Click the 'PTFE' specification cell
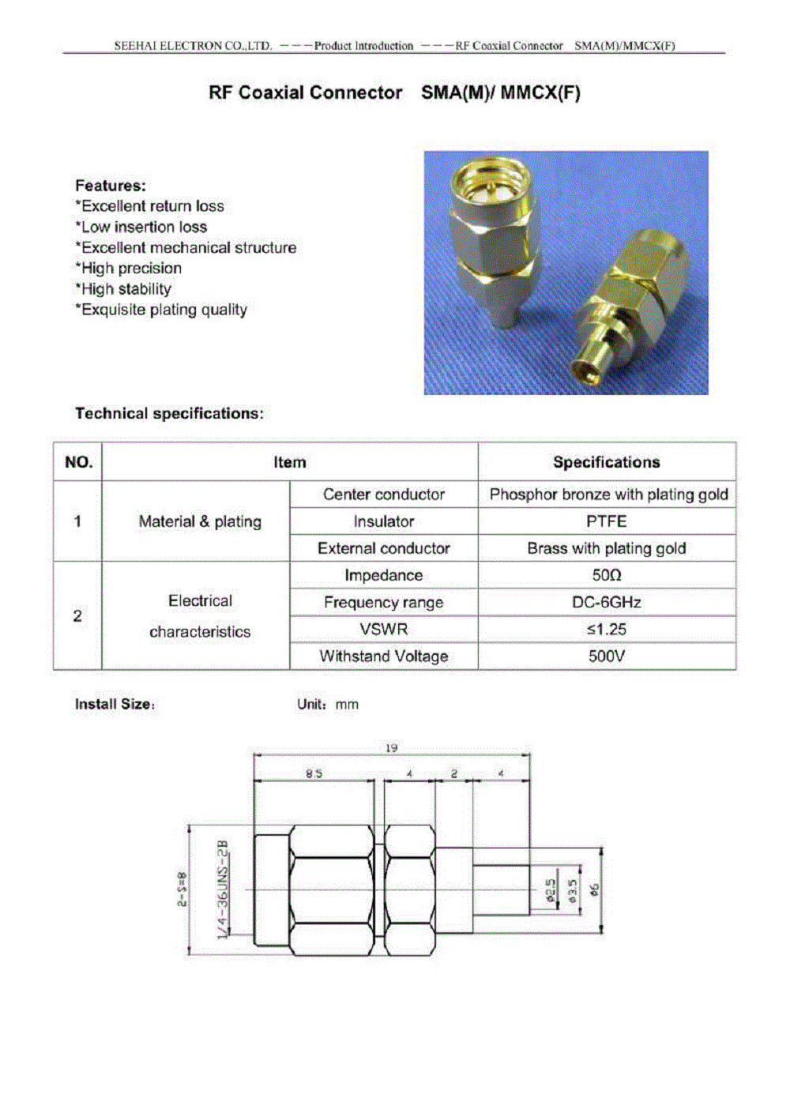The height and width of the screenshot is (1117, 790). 606,521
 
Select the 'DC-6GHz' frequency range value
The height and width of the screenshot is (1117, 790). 606,602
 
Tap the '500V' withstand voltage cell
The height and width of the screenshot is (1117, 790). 606,656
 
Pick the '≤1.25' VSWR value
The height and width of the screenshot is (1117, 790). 606,629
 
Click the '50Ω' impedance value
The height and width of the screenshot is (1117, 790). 606,575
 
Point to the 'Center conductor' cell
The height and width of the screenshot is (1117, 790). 383,495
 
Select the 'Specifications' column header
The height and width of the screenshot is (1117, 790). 606,462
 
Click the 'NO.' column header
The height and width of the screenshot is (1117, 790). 78,462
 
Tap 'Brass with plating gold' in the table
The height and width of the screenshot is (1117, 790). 606,548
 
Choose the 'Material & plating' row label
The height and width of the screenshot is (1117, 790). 200,521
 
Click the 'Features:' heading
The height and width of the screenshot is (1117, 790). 111,186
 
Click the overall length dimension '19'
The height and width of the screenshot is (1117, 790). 391,747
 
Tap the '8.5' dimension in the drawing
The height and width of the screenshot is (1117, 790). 314,773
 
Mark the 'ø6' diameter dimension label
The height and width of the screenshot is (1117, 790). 595,889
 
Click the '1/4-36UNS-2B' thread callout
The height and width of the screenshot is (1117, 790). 223,889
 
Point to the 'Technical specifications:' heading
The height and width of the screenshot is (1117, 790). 169,413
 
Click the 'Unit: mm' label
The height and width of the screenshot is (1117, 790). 327,705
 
